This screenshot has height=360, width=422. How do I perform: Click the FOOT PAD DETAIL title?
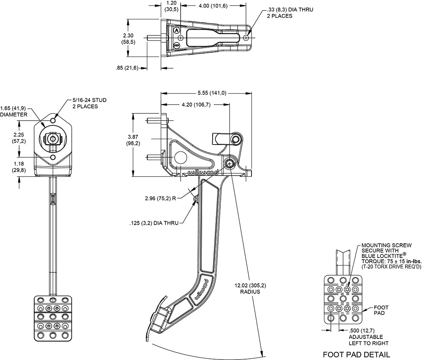[x=356, y=355]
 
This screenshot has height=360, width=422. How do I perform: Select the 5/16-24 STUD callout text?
[x=89, y=100]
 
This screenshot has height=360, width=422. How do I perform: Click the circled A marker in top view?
[x=176, y=30]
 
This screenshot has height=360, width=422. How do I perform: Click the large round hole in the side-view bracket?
[x=181, y=157]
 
